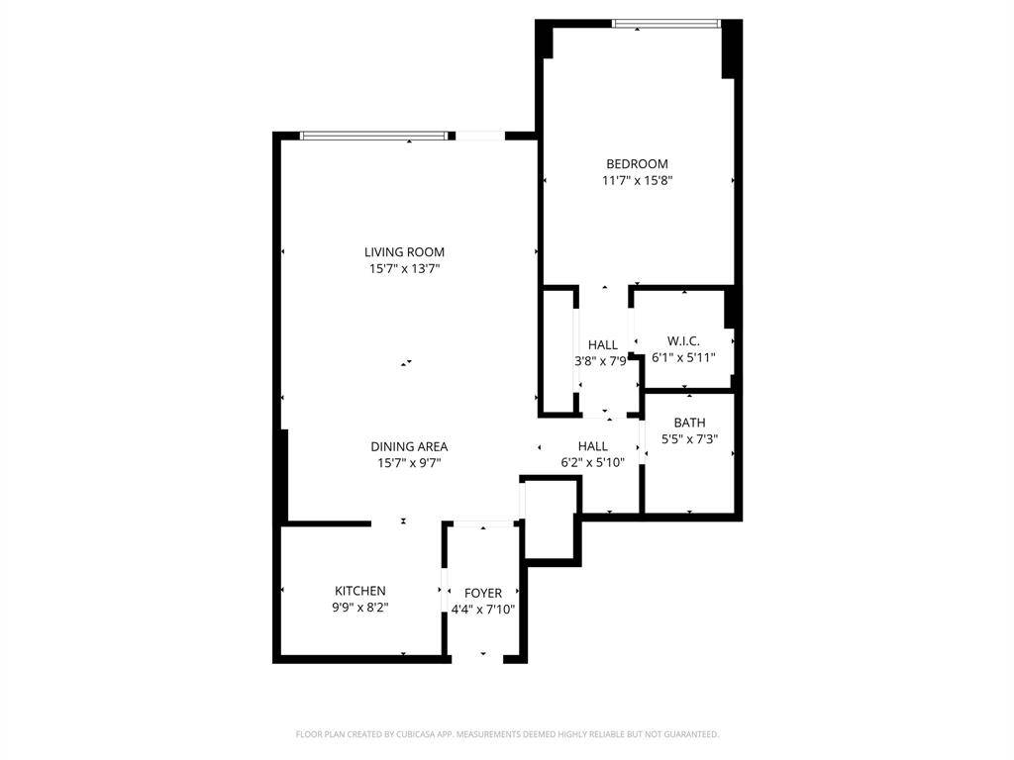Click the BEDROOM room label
637,164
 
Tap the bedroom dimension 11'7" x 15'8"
637,181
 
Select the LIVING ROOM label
404,252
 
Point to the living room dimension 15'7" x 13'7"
404,269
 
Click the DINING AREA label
409,446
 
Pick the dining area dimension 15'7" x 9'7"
409,463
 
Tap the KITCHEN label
359,591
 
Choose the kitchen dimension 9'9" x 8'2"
359,608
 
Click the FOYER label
483,594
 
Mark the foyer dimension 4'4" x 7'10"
483,611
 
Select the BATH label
689,423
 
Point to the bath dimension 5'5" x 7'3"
689,439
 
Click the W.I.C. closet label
682,340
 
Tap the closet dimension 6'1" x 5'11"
682,357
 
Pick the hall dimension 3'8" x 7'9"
602,362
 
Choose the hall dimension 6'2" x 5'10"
592,463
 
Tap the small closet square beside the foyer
550,520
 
